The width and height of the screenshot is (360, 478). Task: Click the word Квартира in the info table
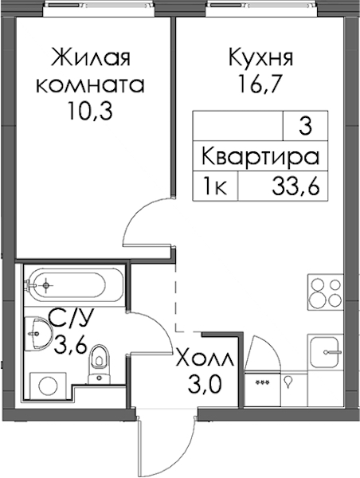(260, 157)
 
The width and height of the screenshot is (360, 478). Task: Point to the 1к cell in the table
(215, 186)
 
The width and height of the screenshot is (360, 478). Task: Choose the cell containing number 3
(305, 126)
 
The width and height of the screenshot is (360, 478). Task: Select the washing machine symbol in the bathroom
(48, 386)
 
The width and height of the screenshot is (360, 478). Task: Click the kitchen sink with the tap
(326, 352)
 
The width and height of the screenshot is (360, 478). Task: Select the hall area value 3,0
(205, 385)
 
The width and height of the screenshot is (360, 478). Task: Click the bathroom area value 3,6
(71, 346)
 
